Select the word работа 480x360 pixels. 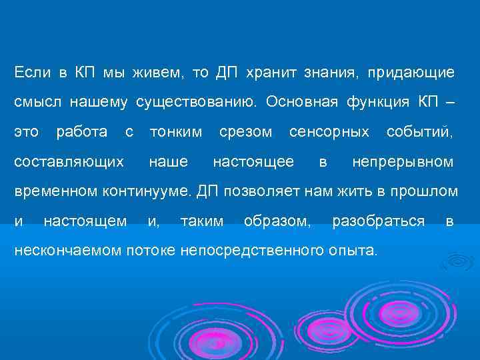pyautogui.click(x=81, y=131)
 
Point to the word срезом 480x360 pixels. pyautogui.click(x=246, y=131)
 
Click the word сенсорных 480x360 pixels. pyautogui.click(x=329, y=131)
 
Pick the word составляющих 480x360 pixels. pyautogui.click(x=69, y=162)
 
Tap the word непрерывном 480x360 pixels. pyautogui.click(x=403, y=162)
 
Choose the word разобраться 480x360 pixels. pyautogui.click(x=378, y=221)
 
